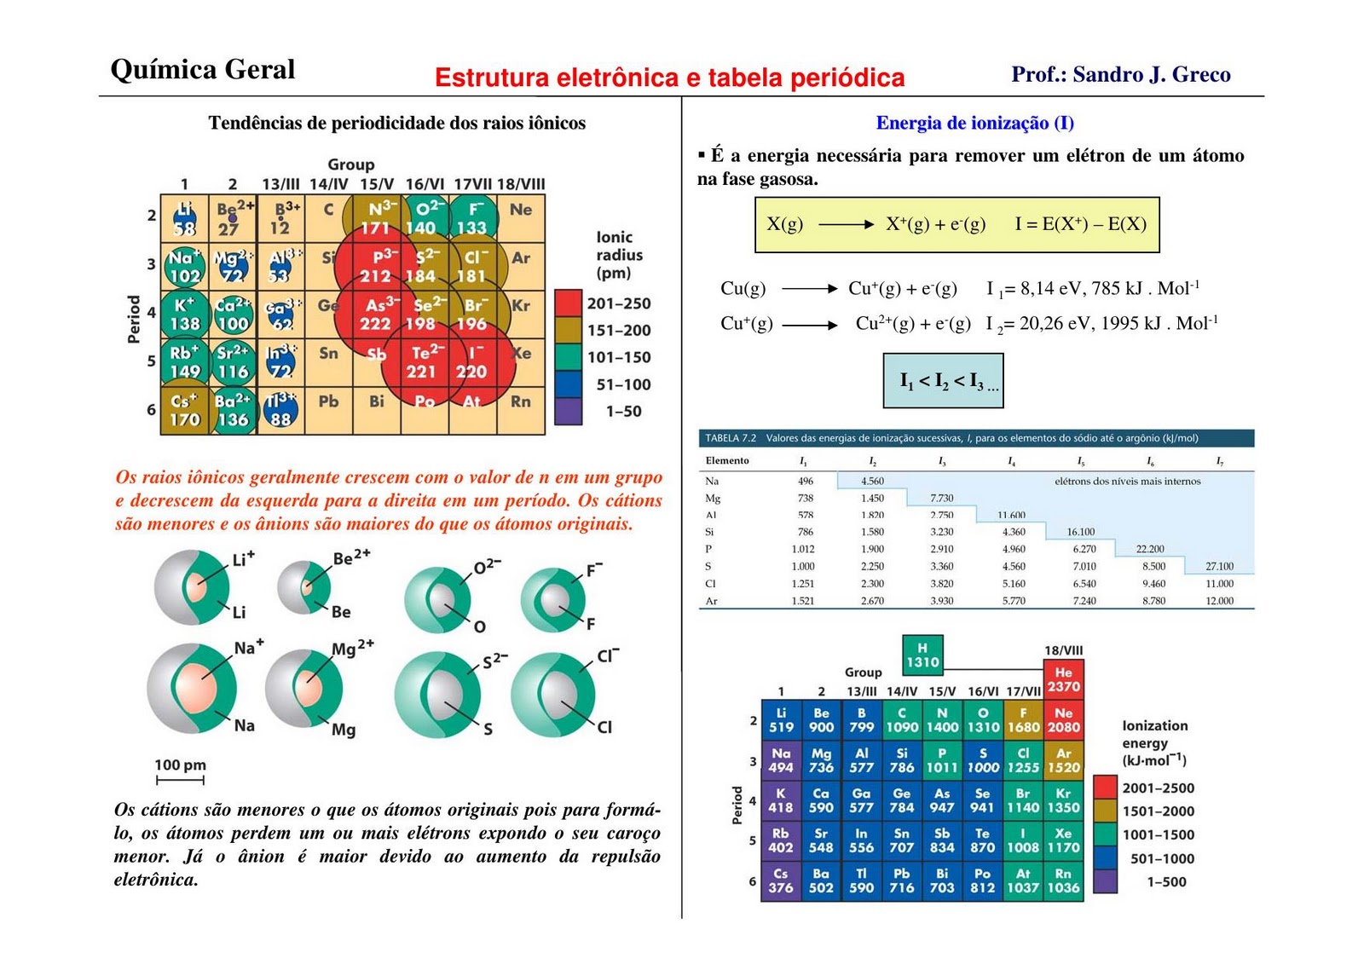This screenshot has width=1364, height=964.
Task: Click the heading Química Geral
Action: tap(203, 70)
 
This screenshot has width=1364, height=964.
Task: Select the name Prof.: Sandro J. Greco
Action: tap(1120, 75)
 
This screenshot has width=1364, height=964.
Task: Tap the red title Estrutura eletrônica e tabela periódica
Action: tap(669, 78)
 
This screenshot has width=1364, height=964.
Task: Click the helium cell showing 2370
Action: tap(1063, 679)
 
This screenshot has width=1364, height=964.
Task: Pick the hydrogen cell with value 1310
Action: tap(922, 655)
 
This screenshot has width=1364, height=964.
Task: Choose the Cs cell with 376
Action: tap(780, 880)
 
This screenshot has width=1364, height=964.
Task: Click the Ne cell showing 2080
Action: tap(1063, 720)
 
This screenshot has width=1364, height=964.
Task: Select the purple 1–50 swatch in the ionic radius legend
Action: tap(568, 412)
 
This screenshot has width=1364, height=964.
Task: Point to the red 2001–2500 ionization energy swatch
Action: tap(1105, 788)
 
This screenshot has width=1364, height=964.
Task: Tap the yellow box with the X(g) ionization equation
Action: tap(957, 225)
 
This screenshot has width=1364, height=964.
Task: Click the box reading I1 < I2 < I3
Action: tap(943, 380)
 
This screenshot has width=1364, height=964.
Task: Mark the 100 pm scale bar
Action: tap(180, 779)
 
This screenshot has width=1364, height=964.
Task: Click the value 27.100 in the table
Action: tap(1219, 566)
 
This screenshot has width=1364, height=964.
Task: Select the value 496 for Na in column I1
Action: tap(805, 481)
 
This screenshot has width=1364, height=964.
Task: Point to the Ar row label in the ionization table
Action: tap(711, 601)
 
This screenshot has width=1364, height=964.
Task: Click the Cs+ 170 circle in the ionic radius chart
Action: tap(184, 410)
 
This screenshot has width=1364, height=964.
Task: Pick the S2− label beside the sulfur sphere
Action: tap(494, 661)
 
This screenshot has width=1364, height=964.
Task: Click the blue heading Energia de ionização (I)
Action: tap(974, 123)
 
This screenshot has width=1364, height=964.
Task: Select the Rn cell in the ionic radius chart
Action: tap(520, 401)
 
